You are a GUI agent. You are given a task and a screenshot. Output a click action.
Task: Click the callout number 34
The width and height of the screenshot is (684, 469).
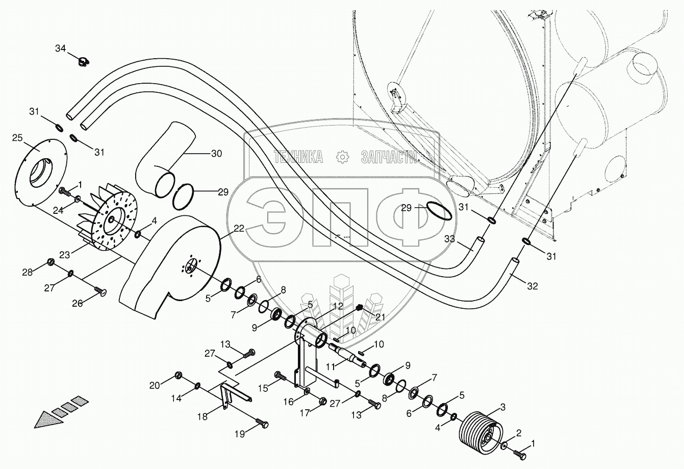point(60,48)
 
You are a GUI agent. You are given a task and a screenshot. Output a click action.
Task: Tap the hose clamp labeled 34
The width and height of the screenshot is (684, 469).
point(83,62)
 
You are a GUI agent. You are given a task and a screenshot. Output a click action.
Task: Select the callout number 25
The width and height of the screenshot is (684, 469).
point(17,138)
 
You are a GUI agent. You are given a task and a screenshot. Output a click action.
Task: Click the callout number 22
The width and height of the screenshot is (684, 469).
point(239,230)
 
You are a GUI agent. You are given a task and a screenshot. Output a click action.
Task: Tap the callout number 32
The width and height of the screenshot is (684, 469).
point(531,286)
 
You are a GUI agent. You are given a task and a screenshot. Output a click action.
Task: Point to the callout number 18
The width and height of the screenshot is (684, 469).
point(202,416)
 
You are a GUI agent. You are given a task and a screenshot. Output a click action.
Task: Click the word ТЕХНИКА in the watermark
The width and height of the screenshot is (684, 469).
point(298,157)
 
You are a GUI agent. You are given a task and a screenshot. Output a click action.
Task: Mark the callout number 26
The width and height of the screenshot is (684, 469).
point(77,303)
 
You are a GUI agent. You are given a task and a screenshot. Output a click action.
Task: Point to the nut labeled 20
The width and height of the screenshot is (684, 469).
point(179,376)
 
